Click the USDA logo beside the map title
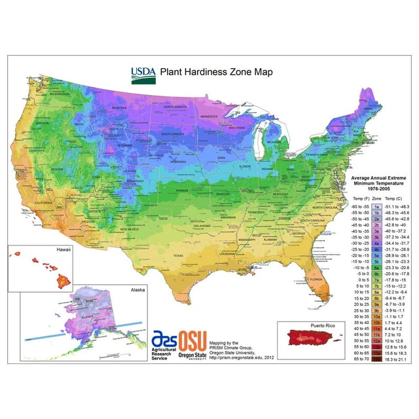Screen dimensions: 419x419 coord(143,75)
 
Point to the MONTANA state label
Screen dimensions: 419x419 coord(118,108)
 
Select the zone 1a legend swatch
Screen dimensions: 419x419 coord(377,206)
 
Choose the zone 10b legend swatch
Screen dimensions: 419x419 coord(377,323)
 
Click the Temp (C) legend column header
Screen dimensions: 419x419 coord(395,198)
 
